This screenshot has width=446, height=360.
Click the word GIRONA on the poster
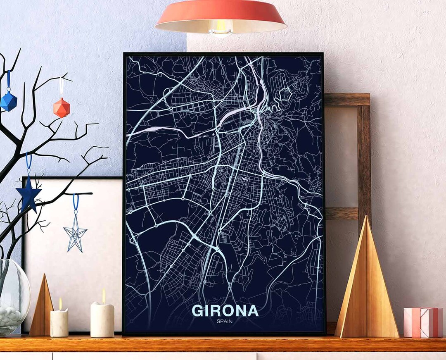(x=225, y=310)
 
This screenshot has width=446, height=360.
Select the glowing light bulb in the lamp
(x=221, y=29)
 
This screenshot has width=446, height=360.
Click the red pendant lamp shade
(x=221, y=14)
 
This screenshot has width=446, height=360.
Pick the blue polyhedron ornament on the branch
(x=8, y=101)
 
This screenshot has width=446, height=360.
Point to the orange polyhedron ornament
(x=62, y=108)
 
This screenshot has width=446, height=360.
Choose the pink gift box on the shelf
(x=423, y=323)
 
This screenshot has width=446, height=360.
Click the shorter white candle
(x=59, y=322)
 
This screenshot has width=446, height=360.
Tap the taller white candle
(x=102, y=319)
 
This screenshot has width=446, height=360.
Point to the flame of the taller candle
(x=103, y=296)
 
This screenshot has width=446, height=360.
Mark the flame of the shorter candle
(x=60, y=304)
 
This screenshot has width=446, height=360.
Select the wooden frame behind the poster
(x=363, y=157)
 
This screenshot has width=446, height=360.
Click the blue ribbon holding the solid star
(x=28, y=163)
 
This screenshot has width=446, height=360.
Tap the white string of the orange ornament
(x=62, y=87)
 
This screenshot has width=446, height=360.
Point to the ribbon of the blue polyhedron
(x=8, y=81)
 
